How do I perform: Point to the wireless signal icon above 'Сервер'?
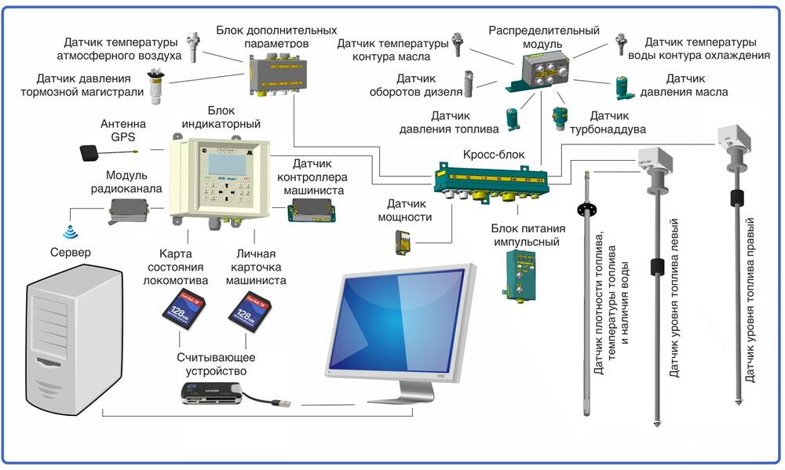click(70, 233)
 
